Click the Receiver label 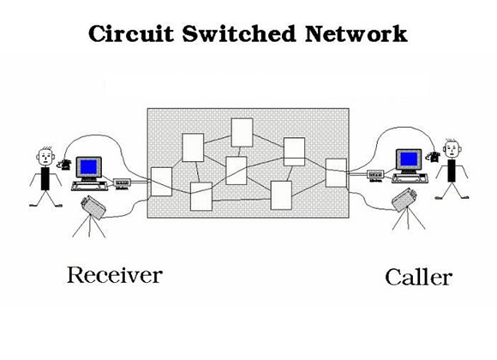point(114,275)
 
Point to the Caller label point(418,277)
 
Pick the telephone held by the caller point(434,155)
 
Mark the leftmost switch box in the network point(161,181)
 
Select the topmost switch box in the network point(242,132)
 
